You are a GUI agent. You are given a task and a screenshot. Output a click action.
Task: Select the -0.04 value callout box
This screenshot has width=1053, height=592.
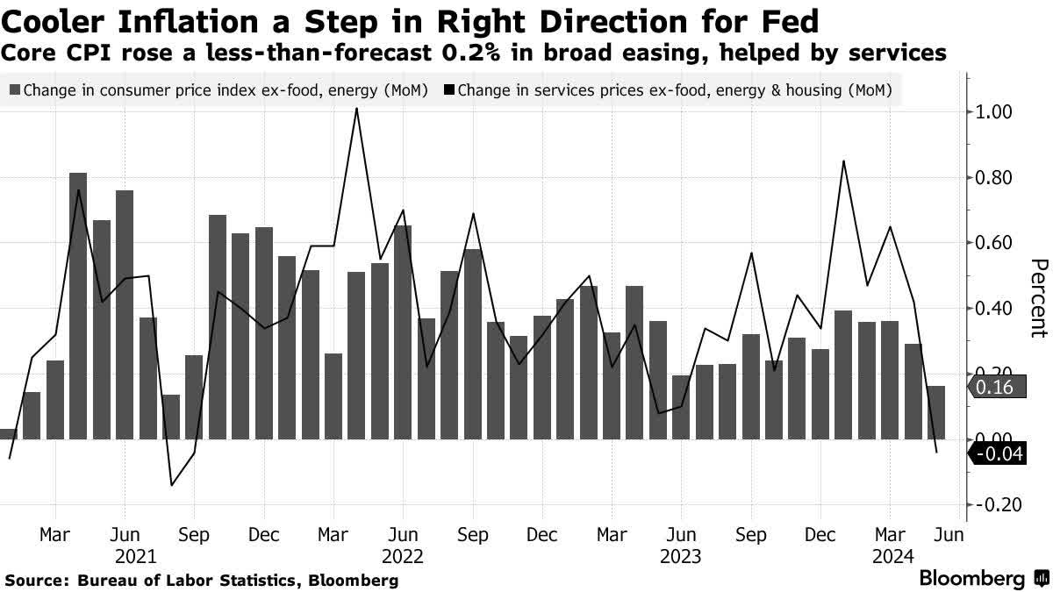pyautogui.click(x=998, y=454)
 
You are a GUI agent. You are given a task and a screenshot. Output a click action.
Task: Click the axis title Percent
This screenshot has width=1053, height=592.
pyautogui.click(x=1038, y=298)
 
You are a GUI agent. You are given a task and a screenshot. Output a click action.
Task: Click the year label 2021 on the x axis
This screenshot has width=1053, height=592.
pyautogui.click(x=136, y=556)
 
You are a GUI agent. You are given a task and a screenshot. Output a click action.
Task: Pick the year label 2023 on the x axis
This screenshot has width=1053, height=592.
pyautogui.click(x=680, y=556)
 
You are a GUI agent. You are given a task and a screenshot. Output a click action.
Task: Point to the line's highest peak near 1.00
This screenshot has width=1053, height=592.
pyautogui.click(x=356, y=109)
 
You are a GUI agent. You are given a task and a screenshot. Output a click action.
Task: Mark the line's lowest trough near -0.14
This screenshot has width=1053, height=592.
pyautogui.click(x=171, y=485)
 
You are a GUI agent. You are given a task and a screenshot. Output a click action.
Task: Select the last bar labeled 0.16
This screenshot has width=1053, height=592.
pyautogui.click(x=936, y=412)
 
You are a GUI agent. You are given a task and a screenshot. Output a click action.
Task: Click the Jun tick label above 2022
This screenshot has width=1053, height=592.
pyautogui.click(x=403, y=534)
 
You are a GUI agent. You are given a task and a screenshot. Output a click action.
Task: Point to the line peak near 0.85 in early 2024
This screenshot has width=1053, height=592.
pyautogui.click(x=843, y=161)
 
